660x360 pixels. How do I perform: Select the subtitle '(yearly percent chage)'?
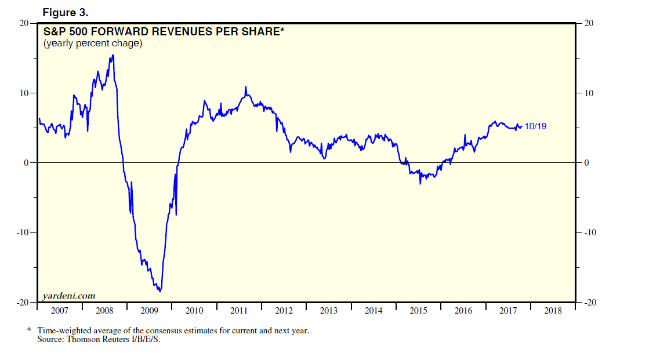[93, 43]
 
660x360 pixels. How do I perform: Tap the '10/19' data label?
[535, 126]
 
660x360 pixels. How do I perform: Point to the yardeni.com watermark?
[68, 296]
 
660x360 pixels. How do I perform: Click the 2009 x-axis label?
[149, 311]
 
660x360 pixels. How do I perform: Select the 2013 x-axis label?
[329, 311]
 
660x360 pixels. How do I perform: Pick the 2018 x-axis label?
[553, 311]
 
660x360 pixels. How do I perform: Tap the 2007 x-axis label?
[60, 311]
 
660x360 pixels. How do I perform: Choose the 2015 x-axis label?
[418, 311]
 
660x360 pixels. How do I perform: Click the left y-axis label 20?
[24, 23]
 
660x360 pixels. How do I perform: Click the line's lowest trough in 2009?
[159, 291]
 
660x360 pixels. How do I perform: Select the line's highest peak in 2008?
[113, 56]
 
